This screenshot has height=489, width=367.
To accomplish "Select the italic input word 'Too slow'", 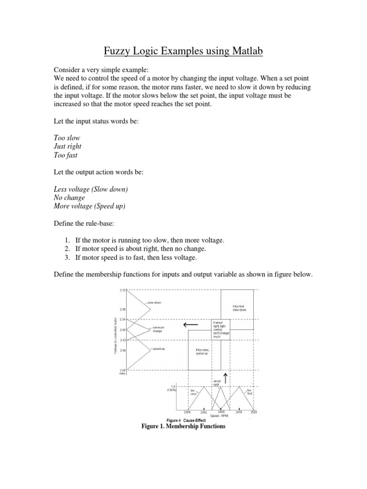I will point(67,138).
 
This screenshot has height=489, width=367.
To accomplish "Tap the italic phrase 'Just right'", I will point(68,147).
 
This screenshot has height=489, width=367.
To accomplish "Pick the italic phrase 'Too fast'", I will point(67,155).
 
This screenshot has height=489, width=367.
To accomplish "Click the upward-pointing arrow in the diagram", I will point(226,378).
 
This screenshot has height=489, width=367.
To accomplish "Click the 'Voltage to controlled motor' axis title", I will point(115,334).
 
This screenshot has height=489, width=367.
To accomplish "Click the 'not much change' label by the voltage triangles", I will point(158,330).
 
